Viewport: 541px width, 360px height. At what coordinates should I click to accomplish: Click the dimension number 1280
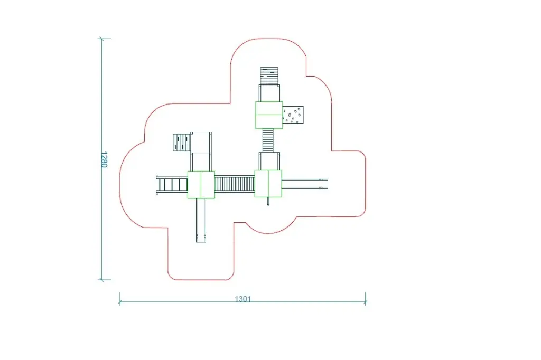(x=104, y=159)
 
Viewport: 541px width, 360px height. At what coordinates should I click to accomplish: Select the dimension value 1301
(x=243, y=299)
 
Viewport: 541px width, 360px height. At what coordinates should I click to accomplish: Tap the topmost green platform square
(x=269, y=115)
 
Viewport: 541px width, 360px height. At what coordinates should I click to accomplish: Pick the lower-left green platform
(x=201, y=185)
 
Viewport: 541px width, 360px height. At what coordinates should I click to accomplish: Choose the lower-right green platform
(x=268, y=184)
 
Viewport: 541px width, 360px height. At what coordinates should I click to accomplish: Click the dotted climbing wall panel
(x=293, y=115)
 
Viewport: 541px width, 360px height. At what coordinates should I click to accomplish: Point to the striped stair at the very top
(x=269, y=76)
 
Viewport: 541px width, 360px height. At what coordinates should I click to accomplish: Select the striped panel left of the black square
(x=182, y=143)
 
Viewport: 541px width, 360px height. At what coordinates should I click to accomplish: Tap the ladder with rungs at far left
(x=172, y=185)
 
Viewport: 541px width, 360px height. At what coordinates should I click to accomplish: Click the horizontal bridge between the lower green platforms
(x=235, y=184)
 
